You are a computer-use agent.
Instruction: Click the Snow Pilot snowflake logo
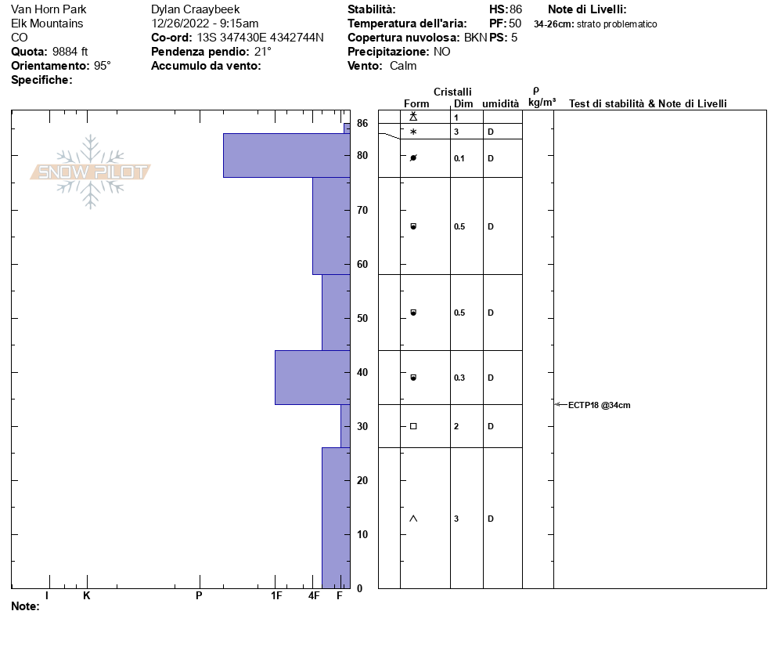(x=90, y=172)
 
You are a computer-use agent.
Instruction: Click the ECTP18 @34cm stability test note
(x=599, y=405)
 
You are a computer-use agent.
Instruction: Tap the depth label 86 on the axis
(x=362, y=123)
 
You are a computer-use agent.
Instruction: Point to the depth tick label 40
(x=362, y=372)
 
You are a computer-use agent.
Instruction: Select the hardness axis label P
(x=199, y=595)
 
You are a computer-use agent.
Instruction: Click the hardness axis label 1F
(x=276, y=595)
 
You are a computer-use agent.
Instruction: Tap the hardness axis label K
(x=86, y=595)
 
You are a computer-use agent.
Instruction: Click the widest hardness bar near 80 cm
(x=286, y=155)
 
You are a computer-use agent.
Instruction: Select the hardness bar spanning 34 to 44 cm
(x=312, y=378)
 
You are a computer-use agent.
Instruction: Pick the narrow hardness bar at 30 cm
(x=345, y=426)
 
